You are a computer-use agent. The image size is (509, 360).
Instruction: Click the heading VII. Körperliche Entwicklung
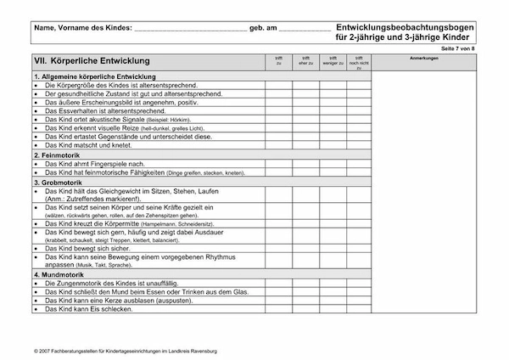tap(92, 61)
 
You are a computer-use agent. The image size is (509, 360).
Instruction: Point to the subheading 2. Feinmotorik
tap(61, 155)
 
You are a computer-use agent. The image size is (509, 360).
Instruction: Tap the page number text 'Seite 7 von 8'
tap(482, 48)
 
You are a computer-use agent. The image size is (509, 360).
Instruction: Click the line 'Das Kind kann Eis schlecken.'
tap(89, 310)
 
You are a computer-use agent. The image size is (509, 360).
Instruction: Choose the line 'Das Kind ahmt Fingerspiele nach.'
tap(95, 164)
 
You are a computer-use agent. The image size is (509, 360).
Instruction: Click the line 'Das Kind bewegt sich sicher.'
tap(89, 248)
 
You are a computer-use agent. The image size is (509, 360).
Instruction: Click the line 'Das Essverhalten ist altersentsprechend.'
tap(105, 111)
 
